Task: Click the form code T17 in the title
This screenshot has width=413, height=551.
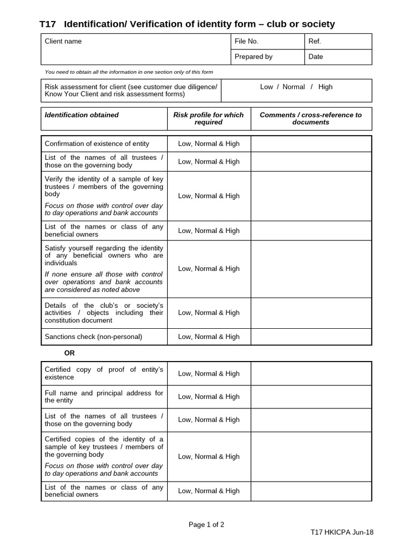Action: tap(47, 24)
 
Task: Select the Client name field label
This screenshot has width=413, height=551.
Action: tap(63, 41)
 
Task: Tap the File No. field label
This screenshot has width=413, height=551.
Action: tap(247, 41)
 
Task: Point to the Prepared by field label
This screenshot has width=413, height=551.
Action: tap(254, 56)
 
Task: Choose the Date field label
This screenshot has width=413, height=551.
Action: tap(316, 56)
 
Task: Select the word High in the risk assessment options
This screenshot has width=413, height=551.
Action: tap(325, 87)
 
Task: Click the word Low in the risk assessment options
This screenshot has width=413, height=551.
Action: tap(267, 87)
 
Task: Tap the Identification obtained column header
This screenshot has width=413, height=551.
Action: tap(82, 115)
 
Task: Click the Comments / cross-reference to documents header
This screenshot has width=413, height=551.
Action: tap(311, 118)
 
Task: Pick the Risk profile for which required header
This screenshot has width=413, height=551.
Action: tap(209, 118)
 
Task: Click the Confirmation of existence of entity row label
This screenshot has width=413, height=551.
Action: tap(97, 144)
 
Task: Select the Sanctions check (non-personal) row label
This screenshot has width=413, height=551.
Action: tap(94, 337)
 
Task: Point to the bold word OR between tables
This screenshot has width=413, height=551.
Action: tap(69, 354)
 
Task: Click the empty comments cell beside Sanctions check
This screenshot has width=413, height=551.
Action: tap(311, 337)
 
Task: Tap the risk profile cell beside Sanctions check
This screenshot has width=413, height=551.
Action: tap(209, 337)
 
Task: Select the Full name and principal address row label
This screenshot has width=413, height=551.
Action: tap(104, 397)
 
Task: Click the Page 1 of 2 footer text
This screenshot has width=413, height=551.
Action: tap(206, 525)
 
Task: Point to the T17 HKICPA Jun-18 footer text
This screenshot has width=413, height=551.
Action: tap(342, 532)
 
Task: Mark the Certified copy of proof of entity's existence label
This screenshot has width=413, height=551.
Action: tap(104, 373)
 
